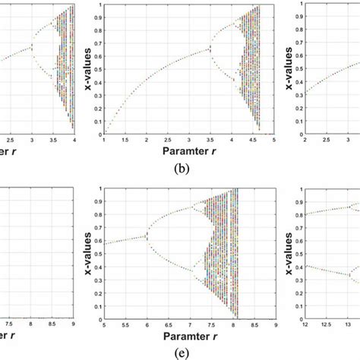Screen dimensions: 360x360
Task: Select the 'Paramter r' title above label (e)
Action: coord(179,336)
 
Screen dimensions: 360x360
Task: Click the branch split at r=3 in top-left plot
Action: coord(33,49)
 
